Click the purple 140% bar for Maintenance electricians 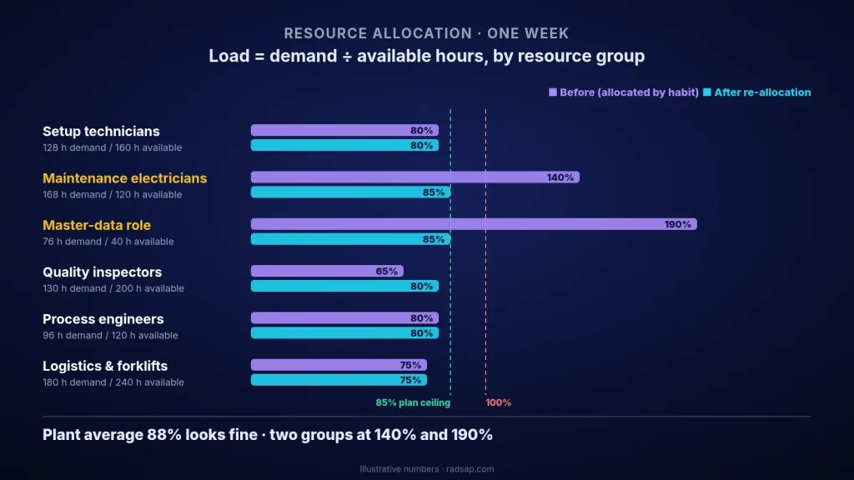pyautogui.click(x=415, y=177)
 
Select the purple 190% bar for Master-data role pyautogui.click(x=474, y=224)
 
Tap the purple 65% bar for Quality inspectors pyautogui.click(x=327, y=271)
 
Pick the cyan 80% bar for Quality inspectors pyautogui.click(x=344, y=287)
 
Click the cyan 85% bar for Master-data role pyautogui.click(x=351, y=239)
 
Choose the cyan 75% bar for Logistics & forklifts pyautogui.click(x=339, y=380)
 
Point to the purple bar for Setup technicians pyautogui.click(x=344, y=131)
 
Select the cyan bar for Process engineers pyautogui.click(x=344, y=333)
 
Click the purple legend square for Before pyautogui.click(x=553, y=92)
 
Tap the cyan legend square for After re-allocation pyautogui.click(x=707, y=92)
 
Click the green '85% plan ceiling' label pyautogui.click(x=413, y=402)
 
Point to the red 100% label pyautogui.click(x=499, y=402)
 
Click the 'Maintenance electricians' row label pyautogui.click(x=125, y=178)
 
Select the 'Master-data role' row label pyautogui.click(x=97, y=225)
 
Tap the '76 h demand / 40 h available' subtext pyautogui.click(x=108, y=242)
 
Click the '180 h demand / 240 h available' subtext pyautogui.click(x=113, y=382)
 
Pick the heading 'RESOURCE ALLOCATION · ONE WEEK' pyautogui.click(x=426, y=33)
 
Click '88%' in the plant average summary pyautogui.click(x=164, y=435)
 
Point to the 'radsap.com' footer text pyautogui.click(x=470, y=469)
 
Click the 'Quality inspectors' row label pyautogui.click(x=103, y=272)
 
